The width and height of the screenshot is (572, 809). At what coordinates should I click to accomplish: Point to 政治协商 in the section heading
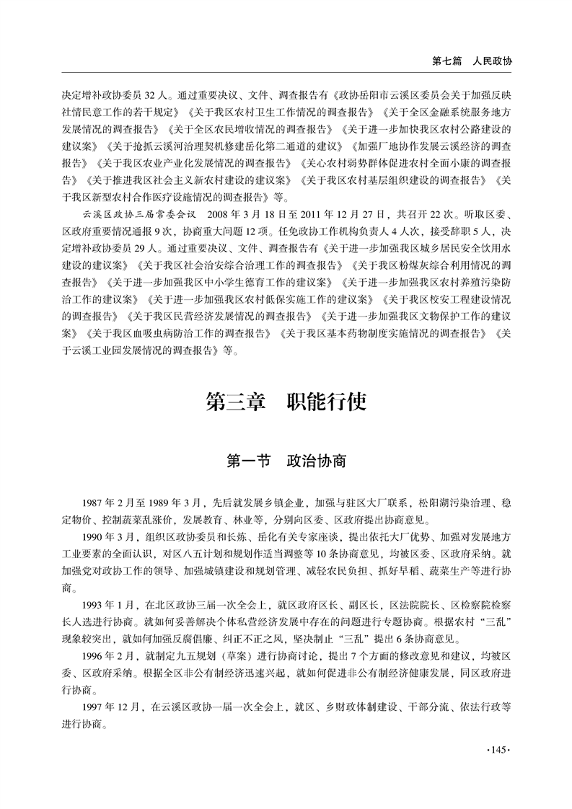tap(316, 460)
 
